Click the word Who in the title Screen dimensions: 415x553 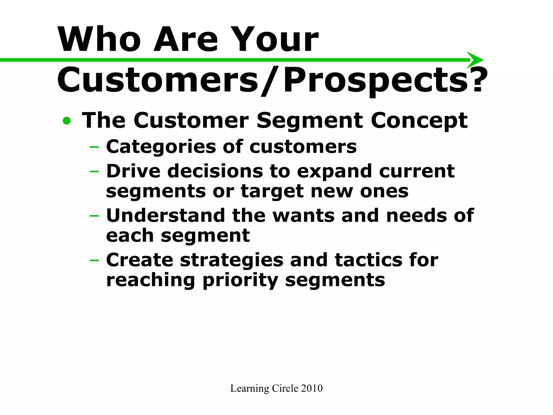tap(99, 39)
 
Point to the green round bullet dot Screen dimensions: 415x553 tap(67, 121)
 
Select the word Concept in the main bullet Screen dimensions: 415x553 tap(419, 121)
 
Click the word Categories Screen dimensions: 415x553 tap(161, 147)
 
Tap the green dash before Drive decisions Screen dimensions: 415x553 tap(94, 171)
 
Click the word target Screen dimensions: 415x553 tap(272, 192)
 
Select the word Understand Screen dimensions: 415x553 tap(166, 215)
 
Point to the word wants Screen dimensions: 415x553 tap(304, 216)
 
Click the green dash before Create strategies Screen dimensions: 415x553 tap(94, 260)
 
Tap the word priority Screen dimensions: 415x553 tap(240, 280)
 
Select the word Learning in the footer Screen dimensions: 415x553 tap(249, 389)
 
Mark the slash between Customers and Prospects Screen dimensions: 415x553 tap(271, 81)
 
